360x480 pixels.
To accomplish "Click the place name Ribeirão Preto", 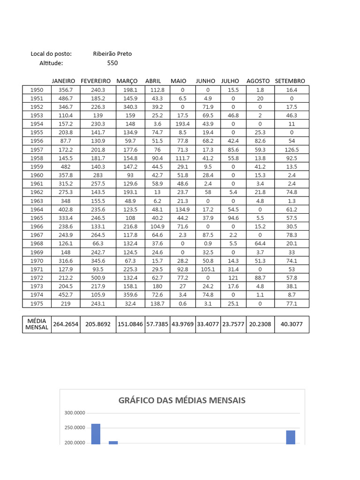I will (112, 54).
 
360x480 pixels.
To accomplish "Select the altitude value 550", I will (112, 63).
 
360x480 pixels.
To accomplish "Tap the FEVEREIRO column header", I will (96, 81).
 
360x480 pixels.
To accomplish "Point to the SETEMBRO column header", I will (290, 81).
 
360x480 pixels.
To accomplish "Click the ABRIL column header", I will (153, 81).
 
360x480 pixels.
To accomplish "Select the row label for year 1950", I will (36, 90).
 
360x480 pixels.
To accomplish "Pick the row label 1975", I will (36, 303).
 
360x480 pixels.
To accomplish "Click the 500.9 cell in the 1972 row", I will (98, 277).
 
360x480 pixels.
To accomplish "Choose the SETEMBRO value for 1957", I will (292, 150).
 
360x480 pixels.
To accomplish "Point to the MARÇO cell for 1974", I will (130, 295).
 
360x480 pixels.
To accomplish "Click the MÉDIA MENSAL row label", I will (36, 324).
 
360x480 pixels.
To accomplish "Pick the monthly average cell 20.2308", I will (260, 324).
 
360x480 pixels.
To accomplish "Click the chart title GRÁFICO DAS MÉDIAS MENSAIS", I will (182, 400).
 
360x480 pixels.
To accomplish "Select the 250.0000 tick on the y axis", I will (75, 428).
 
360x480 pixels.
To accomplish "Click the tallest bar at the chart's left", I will (96, 434).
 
